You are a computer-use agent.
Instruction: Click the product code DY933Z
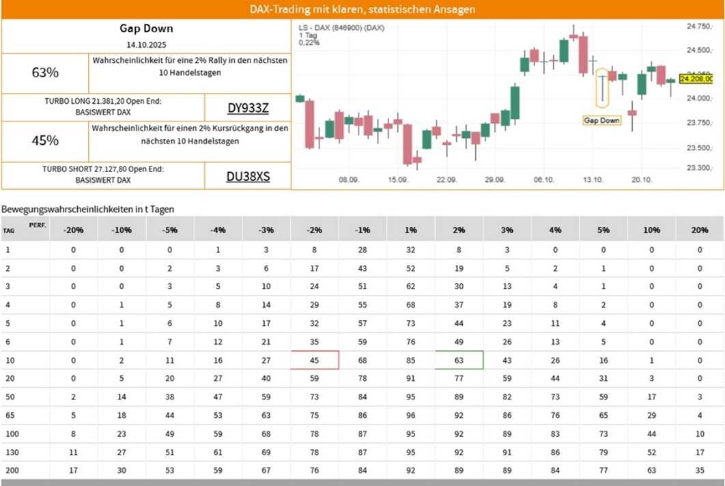(248, 108)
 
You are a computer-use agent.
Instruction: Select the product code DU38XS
(248, 176)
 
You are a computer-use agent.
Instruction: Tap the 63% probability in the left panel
(45, 72)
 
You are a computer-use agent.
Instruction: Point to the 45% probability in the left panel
(45, 141)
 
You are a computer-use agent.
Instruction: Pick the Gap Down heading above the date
(146, 29)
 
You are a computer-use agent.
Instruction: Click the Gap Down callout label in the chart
(601, 120)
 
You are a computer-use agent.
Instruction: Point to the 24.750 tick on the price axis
(699, 26)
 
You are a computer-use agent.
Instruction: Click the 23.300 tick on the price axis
(699, 167)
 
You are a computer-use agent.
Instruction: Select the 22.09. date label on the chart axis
(446, 180)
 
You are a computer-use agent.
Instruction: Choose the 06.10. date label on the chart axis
(543, 180)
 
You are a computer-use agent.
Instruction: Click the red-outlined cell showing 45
(314, 360)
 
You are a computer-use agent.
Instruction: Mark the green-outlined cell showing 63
(459, 360)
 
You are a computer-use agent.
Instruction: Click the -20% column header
(73, 230)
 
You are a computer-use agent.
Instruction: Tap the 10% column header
(652, 230)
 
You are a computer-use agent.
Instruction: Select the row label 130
(11, 452)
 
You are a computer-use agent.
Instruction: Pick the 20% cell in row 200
(700, 470)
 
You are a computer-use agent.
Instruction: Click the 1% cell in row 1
(411, 250)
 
